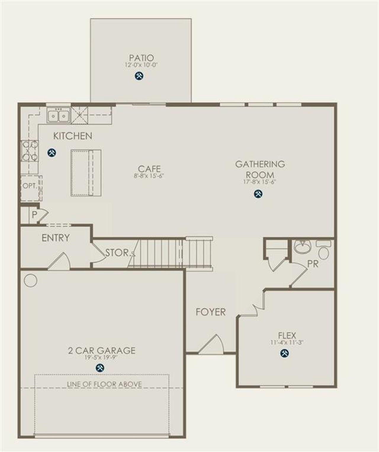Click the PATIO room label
pyautogui.click(x=142, y=57)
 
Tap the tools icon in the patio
pyautogui.click(x=139, y=76)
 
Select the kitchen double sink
pyautogui.click(x=58, y=116)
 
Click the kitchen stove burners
pyautogui.click(x=30, y=150)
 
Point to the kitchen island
pyautogui.click(x=86, y=173)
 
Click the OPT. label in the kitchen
pyautogui.click(x=30, y=186)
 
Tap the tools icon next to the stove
pyautogui.click(x=52, y=153)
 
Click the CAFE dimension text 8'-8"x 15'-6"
pyautogui.click(x=149, y=176)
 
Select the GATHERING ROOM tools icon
pyautogui.click(x=258, y=194)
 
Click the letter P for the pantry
pyautogui.click(x=34, y=214)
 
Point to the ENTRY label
pyautogui.click(x=56, y=238)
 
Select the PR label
pyautogui.click(x=313, y=264)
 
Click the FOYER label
pyautogui.click(x=211, y=312)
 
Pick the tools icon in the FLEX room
pyautogui.click(x=285, y=353)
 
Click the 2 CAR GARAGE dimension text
pyautogui.click(x=101, y=358)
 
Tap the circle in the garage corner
pyautogui.click(x=30, y=280)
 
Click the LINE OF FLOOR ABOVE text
pyautogui.click(x=104, y=384)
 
